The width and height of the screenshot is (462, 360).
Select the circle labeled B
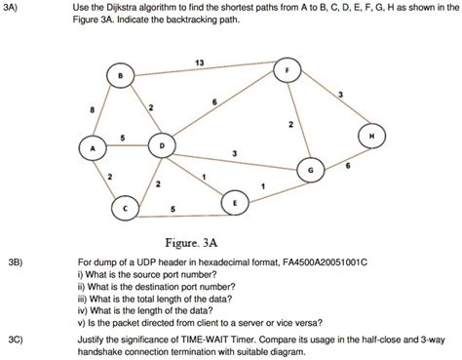(119, 77)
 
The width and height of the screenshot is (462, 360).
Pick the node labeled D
(161, 145)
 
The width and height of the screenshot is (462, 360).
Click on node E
(234, 203)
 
